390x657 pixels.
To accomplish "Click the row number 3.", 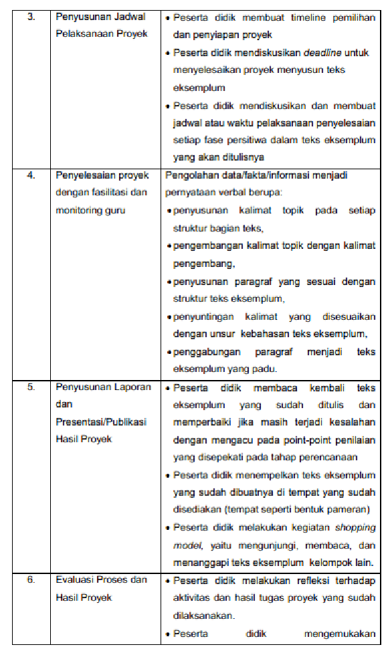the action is (31, 16).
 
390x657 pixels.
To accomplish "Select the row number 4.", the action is (31, 175).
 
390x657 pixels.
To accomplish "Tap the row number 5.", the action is (31, 387).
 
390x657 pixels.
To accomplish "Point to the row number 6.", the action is (31, 579).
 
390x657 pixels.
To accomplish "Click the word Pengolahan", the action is (189, 175).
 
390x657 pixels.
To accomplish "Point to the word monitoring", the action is (77, 210).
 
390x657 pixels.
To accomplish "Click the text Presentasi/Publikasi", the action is (101, 422).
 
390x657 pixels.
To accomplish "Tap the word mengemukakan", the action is (339, 633).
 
